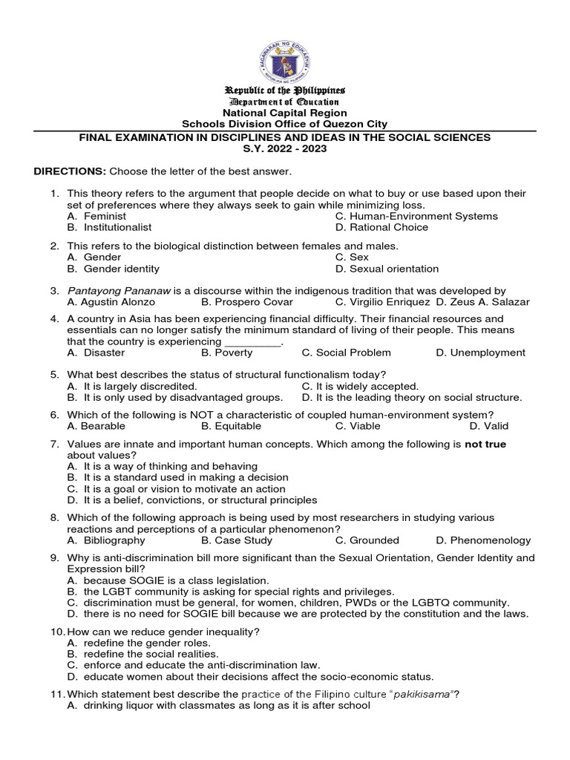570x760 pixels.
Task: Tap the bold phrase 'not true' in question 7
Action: pyautogui.click(x=485, y=444)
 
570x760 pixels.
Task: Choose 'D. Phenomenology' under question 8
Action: pyautogui.click(x=483, y=540)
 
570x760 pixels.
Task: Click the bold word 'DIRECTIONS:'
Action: pyautogui.click(x=70, y=172)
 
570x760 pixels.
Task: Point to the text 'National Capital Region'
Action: pyautogui.click(x=285, y=113)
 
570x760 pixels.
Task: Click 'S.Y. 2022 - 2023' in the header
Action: pyautogui.click(x=285, y=149)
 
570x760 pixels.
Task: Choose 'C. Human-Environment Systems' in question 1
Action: pyautogui.click(x=416, y=216)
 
